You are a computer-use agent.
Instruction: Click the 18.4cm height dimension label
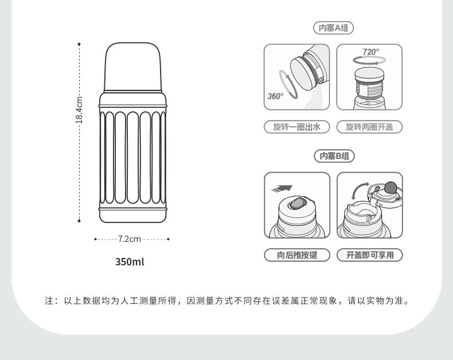[79, 110]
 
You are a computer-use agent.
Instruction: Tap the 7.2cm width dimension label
[129, 239]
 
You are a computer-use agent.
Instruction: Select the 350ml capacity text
[130, 262]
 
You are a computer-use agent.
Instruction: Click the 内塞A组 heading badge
[333, 28]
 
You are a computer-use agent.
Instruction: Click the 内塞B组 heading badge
[334, 156]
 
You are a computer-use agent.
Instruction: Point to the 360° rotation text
[275, 96]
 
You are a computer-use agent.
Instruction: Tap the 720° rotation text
[370, 52]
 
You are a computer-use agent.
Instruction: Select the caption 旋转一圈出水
[296, 127]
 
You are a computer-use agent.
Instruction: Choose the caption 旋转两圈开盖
[369, 127]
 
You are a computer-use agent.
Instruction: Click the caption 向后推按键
[297, 255]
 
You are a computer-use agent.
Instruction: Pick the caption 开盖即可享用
[370, 255]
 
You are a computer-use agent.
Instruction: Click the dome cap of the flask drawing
[133, 67]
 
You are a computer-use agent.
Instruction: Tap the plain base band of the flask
[133, 216]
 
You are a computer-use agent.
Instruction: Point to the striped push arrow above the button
[282, 189]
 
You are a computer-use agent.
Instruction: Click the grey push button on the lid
[296, 203]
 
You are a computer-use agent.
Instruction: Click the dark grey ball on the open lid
[390, 187]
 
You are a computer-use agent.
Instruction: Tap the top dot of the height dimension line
[79, 44]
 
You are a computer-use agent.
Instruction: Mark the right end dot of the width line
[169, 239]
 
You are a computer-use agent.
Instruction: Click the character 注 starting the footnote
[49, 301]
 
